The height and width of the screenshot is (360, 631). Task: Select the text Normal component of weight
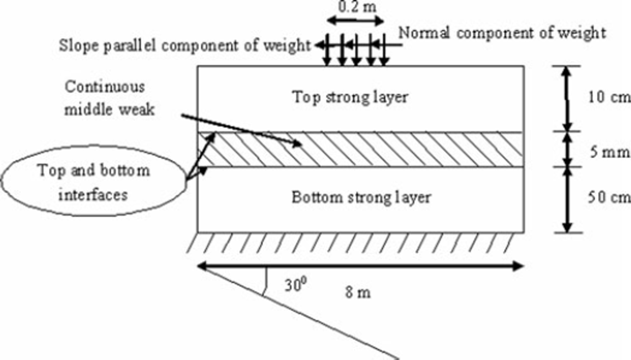(x=503, y=33)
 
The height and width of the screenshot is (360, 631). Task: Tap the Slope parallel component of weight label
(x=185, y=46)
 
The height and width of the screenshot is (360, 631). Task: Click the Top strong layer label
(x=350, y=97)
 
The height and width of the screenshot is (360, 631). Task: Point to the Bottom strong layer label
(x=361, y=197)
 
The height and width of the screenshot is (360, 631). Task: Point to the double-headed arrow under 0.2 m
(x=356, y=20)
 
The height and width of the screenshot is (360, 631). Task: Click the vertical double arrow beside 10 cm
(x=567, y=99)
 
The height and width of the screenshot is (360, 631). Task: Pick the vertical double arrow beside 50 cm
(x=567, y=200)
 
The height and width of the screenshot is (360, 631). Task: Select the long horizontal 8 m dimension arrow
(x=360, y=266)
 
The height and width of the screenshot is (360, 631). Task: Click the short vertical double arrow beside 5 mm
(x=567, y=149)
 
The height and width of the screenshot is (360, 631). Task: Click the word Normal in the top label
(x=424, y=33)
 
